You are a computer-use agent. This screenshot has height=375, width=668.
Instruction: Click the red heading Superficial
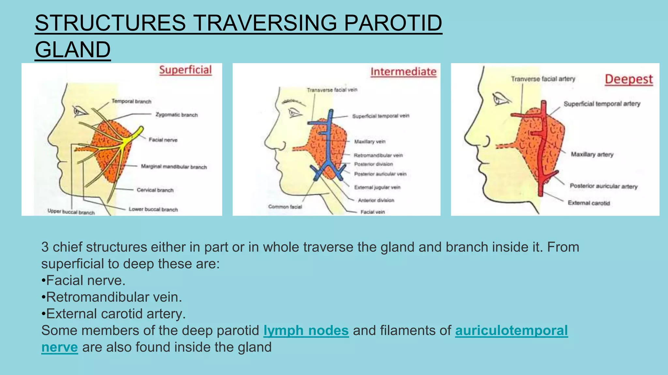tap(185, 70)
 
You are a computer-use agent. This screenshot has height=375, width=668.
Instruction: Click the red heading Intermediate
tap(403, 72)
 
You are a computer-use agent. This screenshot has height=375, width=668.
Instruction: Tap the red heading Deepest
tap(629, 79)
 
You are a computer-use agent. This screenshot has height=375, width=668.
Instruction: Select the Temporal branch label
tap(131, 101)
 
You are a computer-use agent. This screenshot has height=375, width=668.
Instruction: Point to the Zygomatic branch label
tap(176, 115)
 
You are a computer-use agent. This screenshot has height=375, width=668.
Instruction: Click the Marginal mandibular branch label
tap(174, 167)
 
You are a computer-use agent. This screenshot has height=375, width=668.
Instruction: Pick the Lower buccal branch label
tap(153, 209)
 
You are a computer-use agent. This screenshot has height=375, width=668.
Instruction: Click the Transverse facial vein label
tap(332, 90)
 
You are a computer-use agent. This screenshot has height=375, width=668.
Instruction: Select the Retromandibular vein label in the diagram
tap(378, 155)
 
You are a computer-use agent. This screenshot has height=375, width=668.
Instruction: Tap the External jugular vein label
tap(377, 187)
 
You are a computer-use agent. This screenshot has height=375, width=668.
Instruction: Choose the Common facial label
tap(285, 207)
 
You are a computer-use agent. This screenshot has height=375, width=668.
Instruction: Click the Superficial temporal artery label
tap(602, 104)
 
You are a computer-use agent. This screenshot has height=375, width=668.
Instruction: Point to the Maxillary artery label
tap(592, 154)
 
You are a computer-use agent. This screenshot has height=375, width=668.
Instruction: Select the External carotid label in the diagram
tap(588, 203)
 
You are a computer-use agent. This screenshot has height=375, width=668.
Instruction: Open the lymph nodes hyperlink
tap(306, 330)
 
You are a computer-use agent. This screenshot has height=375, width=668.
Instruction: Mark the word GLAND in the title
tap(73, 49)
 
